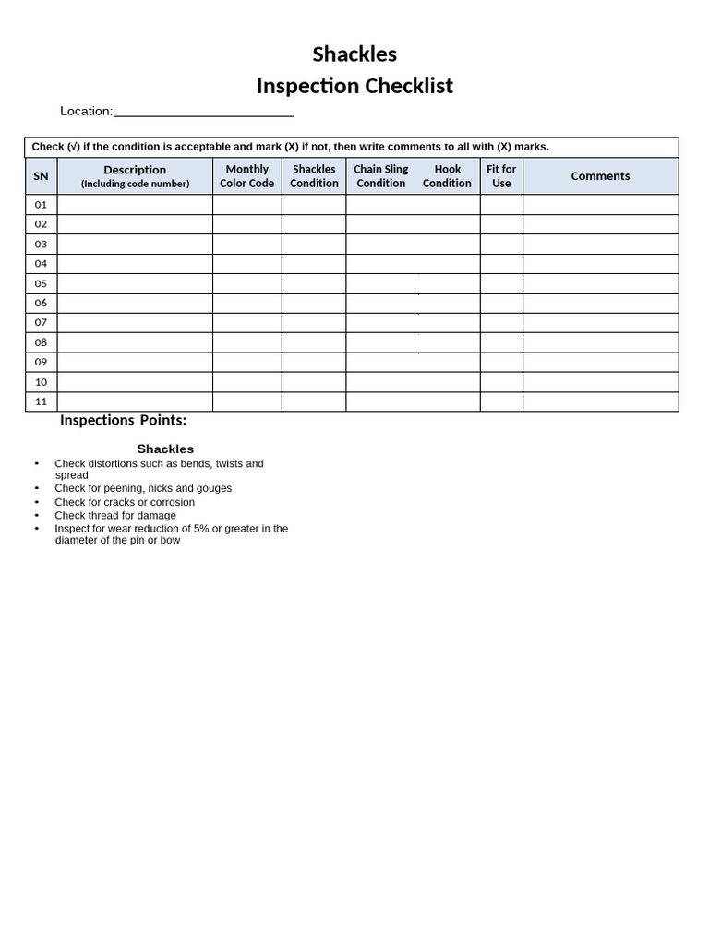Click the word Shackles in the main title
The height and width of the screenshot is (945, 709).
pos(354,54)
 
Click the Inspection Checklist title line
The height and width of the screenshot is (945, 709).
pos(354,86)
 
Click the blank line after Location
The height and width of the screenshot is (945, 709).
pos(203,112)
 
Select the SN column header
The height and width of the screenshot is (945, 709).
pos(41,176)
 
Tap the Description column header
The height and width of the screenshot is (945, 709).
pos(135,176)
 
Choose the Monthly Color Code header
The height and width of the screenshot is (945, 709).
pos(246,176)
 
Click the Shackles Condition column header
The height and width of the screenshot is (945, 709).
pos(314,176)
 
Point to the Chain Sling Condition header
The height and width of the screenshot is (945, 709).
pos(381,176)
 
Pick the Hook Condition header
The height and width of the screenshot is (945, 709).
pos(448,176)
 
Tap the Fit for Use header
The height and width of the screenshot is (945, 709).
pos(501,176)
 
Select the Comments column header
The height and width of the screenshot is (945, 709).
pos(600,176)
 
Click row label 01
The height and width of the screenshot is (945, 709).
pos(41,205)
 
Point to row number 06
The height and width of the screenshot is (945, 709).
pos(41,303)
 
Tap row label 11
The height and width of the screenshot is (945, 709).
pos(41,401)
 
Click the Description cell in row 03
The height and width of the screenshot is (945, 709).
pos(135,244)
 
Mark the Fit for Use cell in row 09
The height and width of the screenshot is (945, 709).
pos(501,362)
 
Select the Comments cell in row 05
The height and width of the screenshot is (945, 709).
pos(600,283)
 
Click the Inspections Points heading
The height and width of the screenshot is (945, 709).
pos(123,421)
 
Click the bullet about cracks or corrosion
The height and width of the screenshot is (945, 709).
pos(125,502)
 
